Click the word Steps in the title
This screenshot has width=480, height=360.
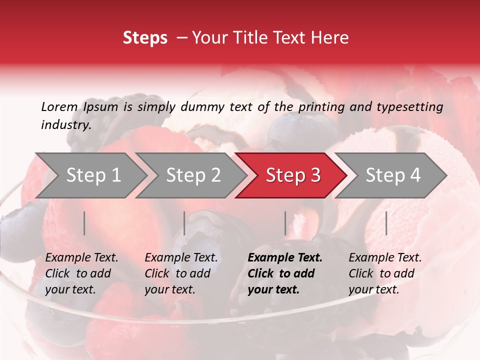[145, 38]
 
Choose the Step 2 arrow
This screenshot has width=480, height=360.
[192, 175]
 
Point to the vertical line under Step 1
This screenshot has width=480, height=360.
[84, 223]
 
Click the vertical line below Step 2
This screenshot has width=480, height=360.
[184, 223]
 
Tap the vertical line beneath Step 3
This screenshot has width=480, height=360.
[285, 223]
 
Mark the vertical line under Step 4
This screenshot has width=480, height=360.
[386, 223]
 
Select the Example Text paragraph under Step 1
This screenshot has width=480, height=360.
[81, 273]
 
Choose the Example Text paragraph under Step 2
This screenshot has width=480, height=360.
[181, 273]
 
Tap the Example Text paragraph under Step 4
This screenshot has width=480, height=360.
[385, 273]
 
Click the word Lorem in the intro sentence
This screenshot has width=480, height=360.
[59, 107]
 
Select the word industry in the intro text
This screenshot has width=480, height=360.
[65, 125]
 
